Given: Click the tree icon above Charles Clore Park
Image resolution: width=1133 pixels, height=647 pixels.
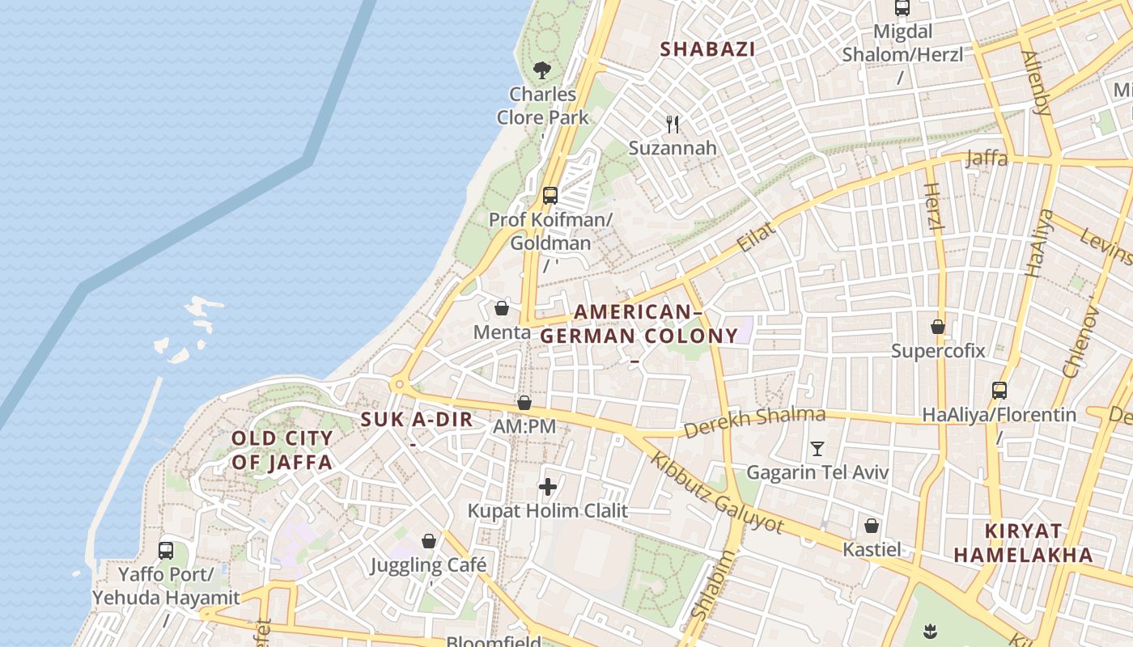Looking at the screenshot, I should [542, 70].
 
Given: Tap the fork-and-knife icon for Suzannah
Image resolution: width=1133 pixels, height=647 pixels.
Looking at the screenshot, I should [673, 124].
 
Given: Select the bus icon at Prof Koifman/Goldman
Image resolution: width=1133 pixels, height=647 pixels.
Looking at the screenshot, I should [550, 195].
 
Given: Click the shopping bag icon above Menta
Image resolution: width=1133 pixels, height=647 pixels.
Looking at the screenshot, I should [502, 308].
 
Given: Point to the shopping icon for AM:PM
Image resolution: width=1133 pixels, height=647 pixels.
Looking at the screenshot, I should [524, 402].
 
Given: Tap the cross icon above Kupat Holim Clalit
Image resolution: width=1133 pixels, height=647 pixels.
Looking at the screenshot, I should [548, 487].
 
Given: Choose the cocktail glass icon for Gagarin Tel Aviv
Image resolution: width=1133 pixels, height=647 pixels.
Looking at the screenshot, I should [817, 448].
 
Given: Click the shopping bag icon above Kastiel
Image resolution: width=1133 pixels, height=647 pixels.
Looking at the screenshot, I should [872, 526].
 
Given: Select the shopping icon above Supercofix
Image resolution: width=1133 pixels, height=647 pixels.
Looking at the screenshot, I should [938, 327].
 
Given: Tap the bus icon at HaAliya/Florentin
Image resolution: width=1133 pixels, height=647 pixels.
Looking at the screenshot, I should [999, 391].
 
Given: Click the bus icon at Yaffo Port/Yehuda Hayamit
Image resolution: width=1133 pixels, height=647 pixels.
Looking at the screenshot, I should [166, 551].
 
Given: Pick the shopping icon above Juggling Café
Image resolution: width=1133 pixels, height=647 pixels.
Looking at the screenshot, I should [429, 540].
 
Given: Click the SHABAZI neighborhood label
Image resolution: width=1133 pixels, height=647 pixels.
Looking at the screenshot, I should [707, 49].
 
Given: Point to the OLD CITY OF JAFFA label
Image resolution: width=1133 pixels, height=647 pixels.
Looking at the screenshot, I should [282, 450].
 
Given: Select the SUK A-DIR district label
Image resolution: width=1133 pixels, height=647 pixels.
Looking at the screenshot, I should [416, 420].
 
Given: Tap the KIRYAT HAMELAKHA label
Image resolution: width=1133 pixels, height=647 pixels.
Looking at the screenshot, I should [1023, 543].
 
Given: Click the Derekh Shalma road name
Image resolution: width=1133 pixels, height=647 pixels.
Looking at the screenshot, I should [754, 422].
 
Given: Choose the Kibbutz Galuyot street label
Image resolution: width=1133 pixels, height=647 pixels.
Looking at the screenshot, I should [717, 493].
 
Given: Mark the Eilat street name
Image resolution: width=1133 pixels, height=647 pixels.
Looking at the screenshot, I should [757, 236].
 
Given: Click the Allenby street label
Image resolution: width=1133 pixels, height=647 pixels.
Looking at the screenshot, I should [1035, 82].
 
